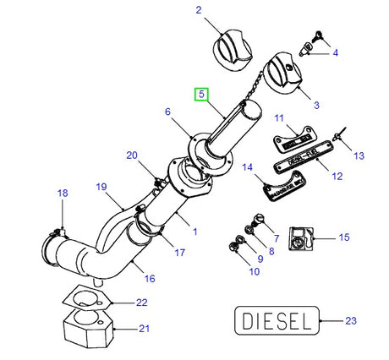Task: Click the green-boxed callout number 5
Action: click(201, 95)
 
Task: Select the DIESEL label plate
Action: click(276, 321)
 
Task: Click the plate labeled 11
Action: click(291, 135)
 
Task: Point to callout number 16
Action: click(149, 278)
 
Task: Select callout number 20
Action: click(131, 155)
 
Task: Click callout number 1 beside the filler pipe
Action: click(195, 231)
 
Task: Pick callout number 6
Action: click(167, 112)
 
